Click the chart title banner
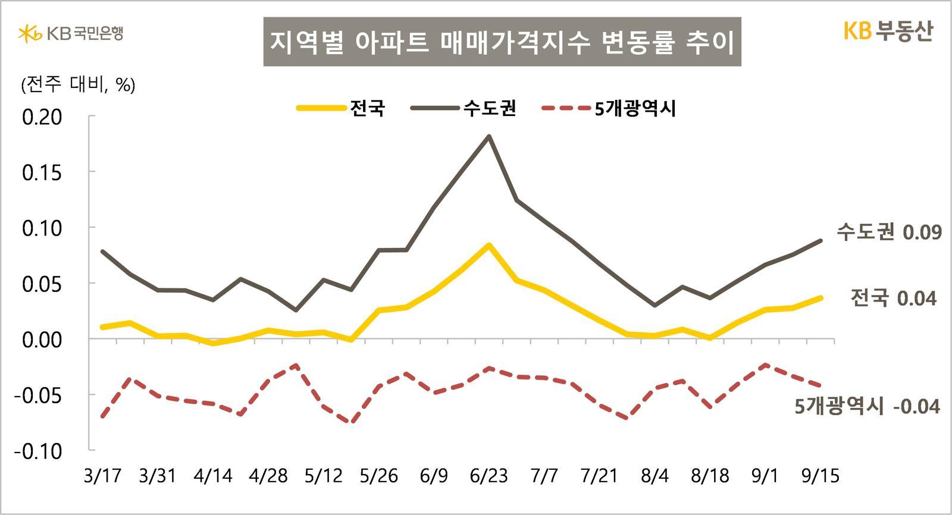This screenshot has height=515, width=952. click(502, 42)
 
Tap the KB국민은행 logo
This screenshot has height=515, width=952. click(71, 33)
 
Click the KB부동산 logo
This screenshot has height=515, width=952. click(888, 31)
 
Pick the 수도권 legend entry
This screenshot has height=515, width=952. click(464, 108)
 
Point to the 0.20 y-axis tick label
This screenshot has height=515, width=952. click(42, 117)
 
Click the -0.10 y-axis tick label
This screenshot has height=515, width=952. click(38, 451)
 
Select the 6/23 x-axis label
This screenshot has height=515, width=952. click(488, 476)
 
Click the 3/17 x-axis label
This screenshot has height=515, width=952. click(102, 476)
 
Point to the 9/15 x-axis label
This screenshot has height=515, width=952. click(821, 476)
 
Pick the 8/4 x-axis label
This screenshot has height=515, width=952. click(654, 476)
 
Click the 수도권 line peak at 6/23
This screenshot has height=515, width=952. click(489, 136)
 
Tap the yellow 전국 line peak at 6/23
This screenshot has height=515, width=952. click(489, 245)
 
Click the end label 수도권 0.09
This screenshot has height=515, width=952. click(889, 232)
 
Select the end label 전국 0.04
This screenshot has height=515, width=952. click(893, 298)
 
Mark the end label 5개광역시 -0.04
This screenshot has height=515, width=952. click(867, 407)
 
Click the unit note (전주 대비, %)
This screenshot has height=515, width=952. click(78, 85)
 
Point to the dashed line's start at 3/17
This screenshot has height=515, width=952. click(102, 416)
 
